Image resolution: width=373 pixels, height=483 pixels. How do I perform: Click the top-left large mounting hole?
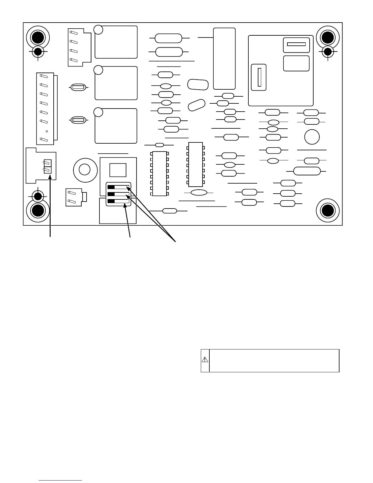click(x=38, y=38)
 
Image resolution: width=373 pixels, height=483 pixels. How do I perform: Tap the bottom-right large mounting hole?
click(x=328, y=210)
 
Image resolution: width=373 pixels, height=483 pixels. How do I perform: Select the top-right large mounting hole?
click(x=328, y=38)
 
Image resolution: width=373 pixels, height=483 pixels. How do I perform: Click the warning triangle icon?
click(x=205, y=360)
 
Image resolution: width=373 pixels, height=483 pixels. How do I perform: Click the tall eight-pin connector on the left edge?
click(x=45, y=109)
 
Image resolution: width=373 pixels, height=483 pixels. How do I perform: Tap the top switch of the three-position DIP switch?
click(x=118, y=187)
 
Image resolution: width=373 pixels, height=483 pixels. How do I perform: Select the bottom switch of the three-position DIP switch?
click(x=118, y=201)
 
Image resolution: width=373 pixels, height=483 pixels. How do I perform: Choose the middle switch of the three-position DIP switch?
click(x=118, y=194)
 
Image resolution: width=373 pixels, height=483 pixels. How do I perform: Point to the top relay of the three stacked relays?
click(x=116, y=42)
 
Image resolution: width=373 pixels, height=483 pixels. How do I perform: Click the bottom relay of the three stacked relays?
click(x=116, y=126)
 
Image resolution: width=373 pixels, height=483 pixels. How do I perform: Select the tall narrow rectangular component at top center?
click(x=224, y=59)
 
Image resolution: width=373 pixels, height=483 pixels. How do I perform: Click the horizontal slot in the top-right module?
click(x=296, y=44)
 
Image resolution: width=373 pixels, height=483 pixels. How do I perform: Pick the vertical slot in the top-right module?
click(x=259, y=77)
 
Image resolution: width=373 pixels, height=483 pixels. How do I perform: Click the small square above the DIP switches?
click(x=118, y=170)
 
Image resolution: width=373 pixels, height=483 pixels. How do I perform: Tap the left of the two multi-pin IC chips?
click(x=159, y=174)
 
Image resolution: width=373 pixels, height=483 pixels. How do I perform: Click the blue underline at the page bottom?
click(x=61, y=481)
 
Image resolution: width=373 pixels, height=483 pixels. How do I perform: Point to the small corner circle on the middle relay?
click(x=98, y=70)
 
